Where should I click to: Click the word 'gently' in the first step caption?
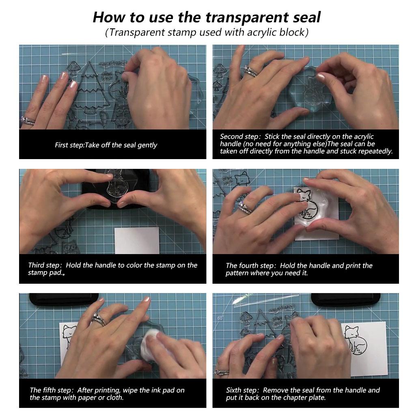point(147,145)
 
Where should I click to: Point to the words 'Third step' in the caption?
point(44,265)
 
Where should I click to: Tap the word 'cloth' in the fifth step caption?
point(114,397)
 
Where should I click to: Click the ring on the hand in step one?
point(27,121)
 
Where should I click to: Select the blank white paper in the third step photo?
point(137,241)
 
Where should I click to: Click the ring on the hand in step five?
point(99,319)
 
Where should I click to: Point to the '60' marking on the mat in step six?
point(220,318)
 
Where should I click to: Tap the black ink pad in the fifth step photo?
point(64,300)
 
